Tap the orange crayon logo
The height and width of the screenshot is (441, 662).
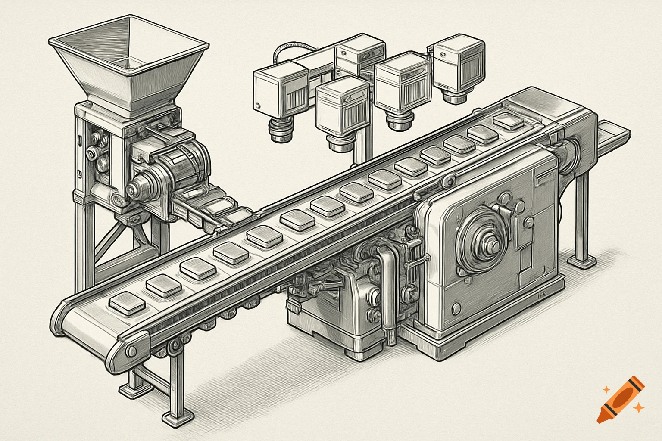tap(621, 398)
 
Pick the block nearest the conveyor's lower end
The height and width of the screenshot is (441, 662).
tap(127, 302)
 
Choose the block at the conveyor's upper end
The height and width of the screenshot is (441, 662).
tap(509, 120)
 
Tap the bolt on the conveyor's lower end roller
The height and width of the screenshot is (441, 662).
tap(131, 351)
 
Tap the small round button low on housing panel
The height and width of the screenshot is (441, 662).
tap(456, 308)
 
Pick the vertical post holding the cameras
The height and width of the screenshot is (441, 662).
tap(362, 142)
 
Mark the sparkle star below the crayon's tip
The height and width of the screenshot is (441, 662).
tap(640, 407)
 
